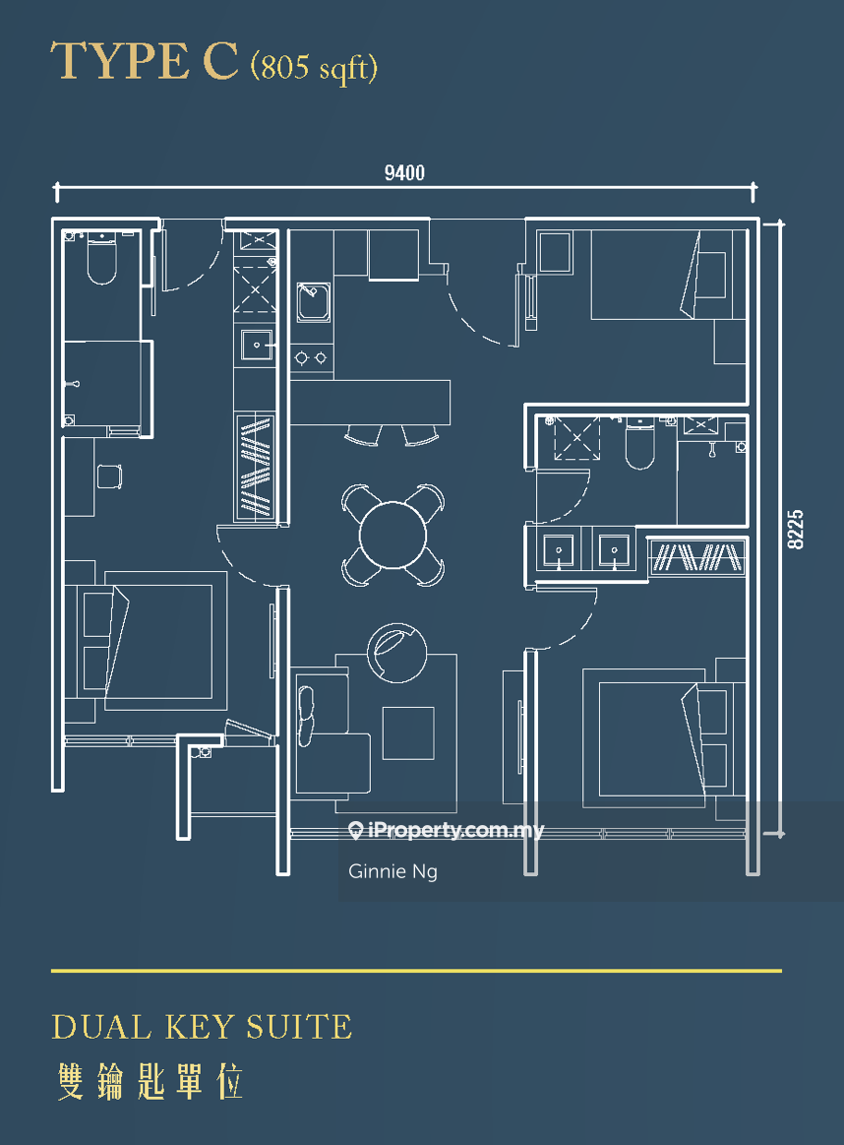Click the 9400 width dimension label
(404, 172)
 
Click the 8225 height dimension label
(795, 530)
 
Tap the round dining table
(392, 535)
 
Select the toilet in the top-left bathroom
(102, 259)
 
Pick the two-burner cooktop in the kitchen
(311, 357)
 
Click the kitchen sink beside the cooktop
(313, 302)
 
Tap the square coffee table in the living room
(408, 732)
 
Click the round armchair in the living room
(396, 653)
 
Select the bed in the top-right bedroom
(659, 275)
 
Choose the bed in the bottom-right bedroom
(655, 737)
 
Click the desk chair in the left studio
(109, 477)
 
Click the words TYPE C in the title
(145, 61)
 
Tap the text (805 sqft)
(315, 67)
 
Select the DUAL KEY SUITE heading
(202, 1027)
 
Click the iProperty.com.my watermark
(447, 830)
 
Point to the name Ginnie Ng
(392, 871)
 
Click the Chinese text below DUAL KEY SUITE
(150, 1081)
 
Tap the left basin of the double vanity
(559, 550)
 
